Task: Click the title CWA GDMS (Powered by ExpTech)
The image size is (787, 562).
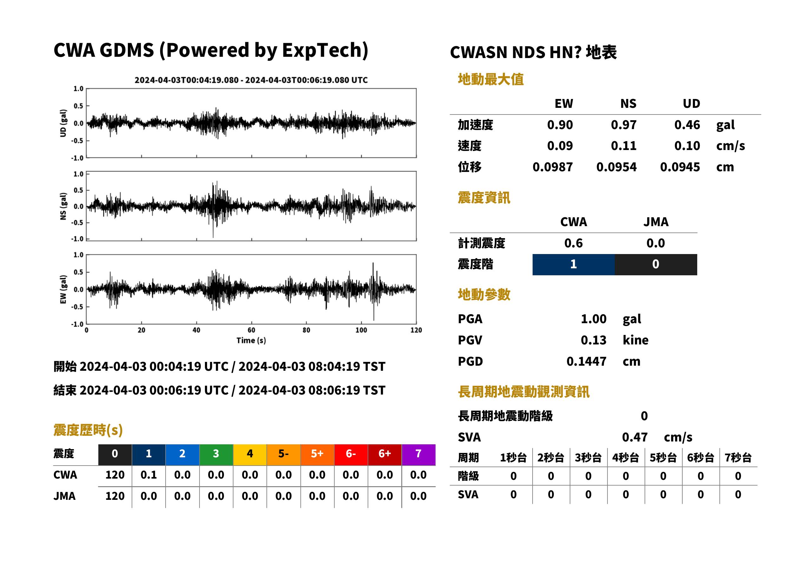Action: pos(211,50)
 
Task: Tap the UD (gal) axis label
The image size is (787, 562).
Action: pos(63,123)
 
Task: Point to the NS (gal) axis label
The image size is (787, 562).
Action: pos(63,206)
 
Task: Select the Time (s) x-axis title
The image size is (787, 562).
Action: pos(251,341)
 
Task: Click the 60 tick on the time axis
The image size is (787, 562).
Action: pos(251,330)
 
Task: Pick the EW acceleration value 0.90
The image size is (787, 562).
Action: pos(560,125)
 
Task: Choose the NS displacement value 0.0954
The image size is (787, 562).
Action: pos(616,167)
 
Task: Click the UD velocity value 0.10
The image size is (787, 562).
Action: pos(687,146)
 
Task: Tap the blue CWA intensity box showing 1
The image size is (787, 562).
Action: pos(574,265)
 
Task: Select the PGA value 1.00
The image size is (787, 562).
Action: pos(594,319)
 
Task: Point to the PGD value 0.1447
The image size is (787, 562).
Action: pos(586,362)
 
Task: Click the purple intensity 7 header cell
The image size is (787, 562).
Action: pos(418,454)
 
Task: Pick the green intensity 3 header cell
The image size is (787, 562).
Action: pos(216,454)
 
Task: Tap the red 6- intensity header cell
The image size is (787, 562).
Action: pos(351,454)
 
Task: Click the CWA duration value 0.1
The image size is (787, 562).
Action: pos(148,475)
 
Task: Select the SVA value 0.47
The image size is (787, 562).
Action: pos(635,437)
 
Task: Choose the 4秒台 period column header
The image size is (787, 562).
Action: pos(625,458)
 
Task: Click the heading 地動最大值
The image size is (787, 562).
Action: pos(491,79)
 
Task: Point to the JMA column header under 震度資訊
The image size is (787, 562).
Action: pos(656,222)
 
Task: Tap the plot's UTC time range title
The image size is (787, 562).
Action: pos(251,80)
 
